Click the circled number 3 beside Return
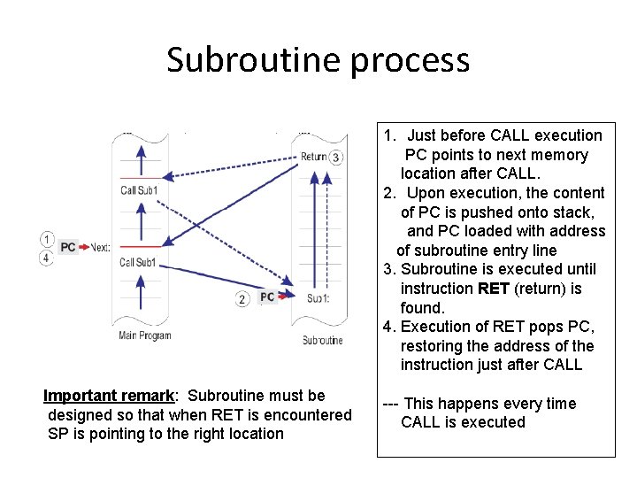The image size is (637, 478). tap(335, 158)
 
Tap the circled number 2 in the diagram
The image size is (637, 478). tap(242, 299)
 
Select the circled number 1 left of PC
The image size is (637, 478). tap(46, 239)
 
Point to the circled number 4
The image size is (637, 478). tap(46, 258)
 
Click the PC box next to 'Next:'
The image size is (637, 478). tap(68, 248)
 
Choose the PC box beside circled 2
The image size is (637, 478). tap(267, 298)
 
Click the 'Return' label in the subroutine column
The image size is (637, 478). tap(313, 158)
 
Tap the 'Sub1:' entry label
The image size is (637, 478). tap(318, 298)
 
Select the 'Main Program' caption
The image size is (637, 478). tap(145, 335)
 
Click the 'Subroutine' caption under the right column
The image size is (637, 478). tap(322, 340)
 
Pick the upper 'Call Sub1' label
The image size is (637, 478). tap(139, 190)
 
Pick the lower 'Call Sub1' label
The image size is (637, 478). tap(138, 262)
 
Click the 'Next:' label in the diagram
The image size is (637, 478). tap(100, 248)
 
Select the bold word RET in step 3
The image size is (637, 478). tap(493, 289)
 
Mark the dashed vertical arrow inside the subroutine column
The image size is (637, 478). tap(337, 239)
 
